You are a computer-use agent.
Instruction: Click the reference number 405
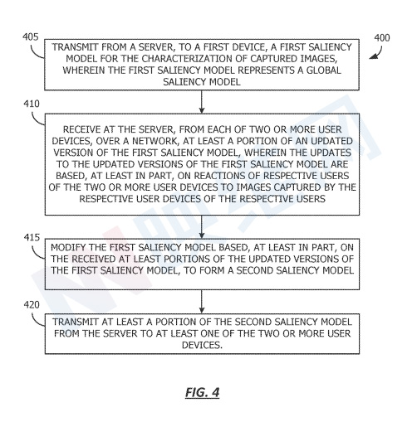31,37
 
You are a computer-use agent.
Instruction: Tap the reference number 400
382,37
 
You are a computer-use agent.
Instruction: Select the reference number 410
32,104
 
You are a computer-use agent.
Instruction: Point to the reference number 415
32,237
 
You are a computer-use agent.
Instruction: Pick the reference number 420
32,305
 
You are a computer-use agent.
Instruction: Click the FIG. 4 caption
203,392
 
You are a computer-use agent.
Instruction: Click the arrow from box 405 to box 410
202,102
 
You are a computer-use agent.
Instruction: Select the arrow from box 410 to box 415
202,227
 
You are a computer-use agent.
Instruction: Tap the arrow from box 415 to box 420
202,302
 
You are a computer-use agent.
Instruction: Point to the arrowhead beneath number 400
373,56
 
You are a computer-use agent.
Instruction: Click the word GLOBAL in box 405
323,70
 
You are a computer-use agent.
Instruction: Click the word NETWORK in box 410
154,141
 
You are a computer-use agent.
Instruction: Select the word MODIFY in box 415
68,247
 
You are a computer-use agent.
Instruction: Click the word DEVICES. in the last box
202,345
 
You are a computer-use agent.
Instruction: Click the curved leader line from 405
35,53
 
